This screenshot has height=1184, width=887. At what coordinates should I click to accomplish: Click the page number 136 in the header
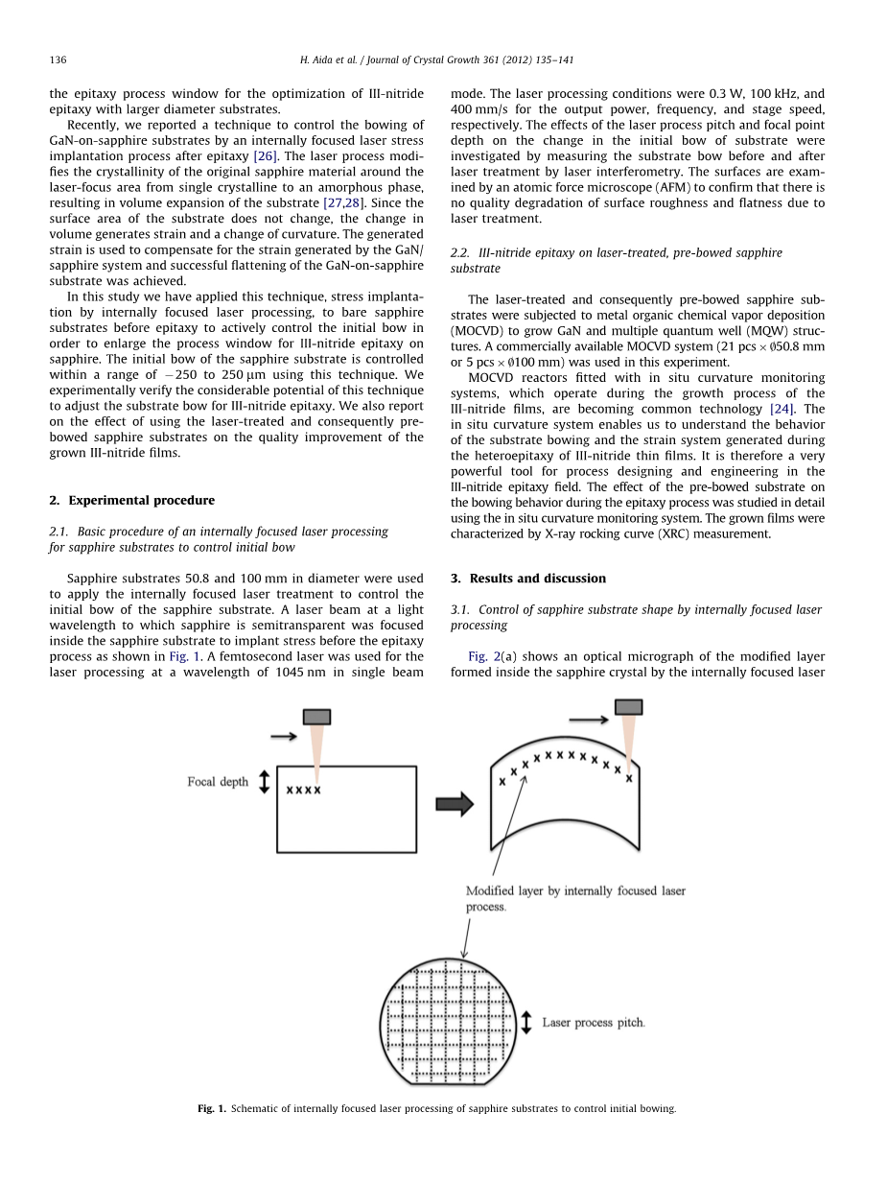[58, 60]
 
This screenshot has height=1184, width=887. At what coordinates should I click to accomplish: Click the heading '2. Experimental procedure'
[131, 500]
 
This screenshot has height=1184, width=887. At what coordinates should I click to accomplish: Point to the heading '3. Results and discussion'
[527, 579]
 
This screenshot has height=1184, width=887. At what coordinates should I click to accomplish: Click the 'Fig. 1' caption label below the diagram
[211, 1108]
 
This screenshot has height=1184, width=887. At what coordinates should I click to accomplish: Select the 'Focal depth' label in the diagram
[218, 782]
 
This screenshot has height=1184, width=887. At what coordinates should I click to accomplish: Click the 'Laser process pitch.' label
[594, 1023]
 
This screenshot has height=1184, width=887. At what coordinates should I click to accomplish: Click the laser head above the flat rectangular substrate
[316, 717]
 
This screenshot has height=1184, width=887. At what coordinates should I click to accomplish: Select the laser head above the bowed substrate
[629, 707]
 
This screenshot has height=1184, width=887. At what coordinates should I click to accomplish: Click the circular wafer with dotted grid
[449, 1021]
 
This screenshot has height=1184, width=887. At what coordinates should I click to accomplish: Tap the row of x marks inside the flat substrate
[304, 791]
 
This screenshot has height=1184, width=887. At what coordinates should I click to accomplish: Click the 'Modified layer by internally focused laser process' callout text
[575, 898]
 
